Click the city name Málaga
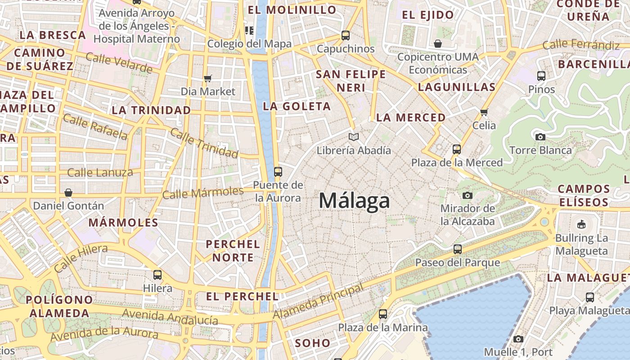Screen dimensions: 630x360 coord(354,201)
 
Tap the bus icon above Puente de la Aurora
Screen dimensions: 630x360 coord(278,171)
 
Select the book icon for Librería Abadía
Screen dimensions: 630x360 coord(354,137)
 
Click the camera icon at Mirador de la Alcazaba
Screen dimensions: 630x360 coord(468,195)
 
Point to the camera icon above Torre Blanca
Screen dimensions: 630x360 coord(540,137)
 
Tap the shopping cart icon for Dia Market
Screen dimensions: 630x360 coord(207,79)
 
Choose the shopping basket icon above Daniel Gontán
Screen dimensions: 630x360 coord(68,193)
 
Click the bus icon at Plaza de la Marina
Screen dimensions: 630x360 coord(383,314)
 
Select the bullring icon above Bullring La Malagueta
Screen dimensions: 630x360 coord(581,224)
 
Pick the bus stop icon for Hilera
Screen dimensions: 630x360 coord(157,274)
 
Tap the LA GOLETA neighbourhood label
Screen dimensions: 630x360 coord(297,107)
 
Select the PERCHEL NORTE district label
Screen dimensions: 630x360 coord(233,251)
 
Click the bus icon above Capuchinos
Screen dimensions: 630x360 coord(346,35)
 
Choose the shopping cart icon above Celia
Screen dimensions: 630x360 coord(484,112)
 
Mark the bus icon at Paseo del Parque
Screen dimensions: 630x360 coord(458,249)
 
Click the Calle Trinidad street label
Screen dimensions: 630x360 coord(204,143)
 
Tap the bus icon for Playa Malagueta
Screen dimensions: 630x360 coord(590,297)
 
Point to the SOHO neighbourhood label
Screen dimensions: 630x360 coord(312,343)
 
